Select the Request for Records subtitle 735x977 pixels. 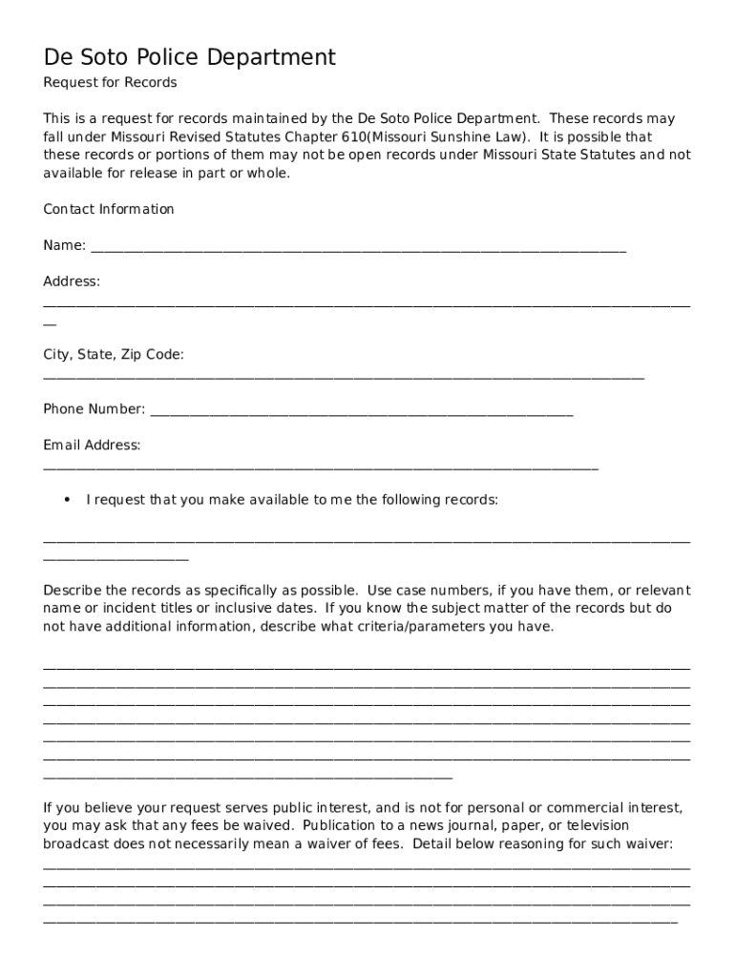pyautogui.click(x=110, y=83)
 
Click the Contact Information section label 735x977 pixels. pyautogui.click(x=109, y=209)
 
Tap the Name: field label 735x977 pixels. pyautogui.click(x=65, y=246)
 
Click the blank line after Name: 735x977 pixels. pyautogui.click(x=358, y=250)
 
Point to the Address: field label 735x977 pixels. pyautogui.click(x=72, y=281)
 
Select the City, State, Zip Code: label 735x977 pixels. pyautogui.click(x=114, y=355)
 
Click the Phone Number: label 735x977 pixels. pyautogui.click(x=94, y=409)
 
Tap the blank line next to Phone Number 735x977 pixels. pyautogui.click(x=362, y=414)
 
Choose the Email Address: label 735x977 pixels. pyautogui.click(x=92, y=446)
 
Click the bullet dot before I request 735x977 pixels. pyautogui.click(x=67, y=500)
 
